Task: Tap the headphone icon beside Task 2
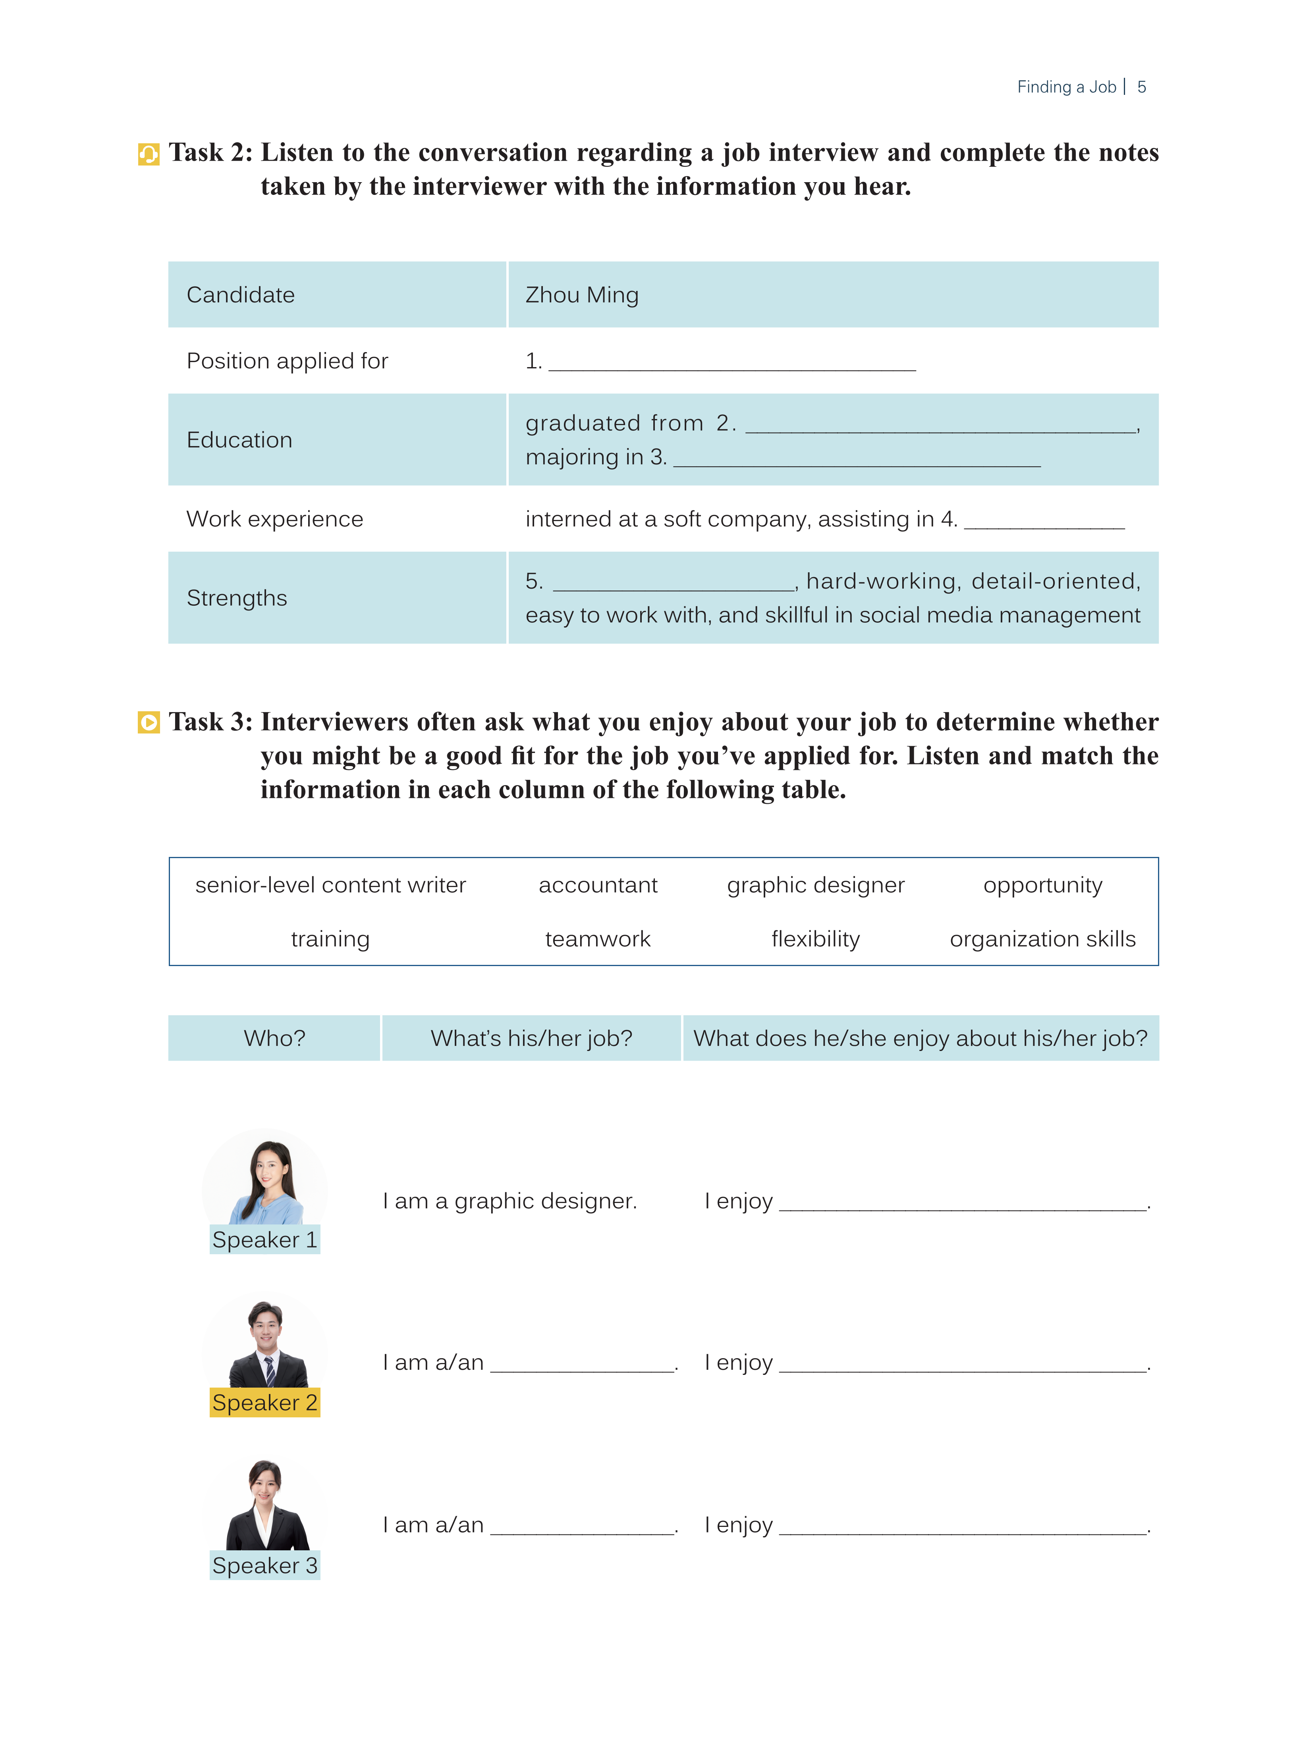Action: pos(149,154)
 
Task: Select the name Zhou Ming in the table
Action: pos(582,295)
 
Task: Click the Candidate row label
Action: pos(240,295)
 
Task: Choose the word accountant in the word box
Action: pos(597,885)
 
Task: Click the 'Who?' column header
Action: pos(274,1038)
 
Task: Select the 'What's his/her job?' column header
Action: pos(531,1038)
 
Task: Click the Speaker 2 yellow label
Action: pos(264,1402)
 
